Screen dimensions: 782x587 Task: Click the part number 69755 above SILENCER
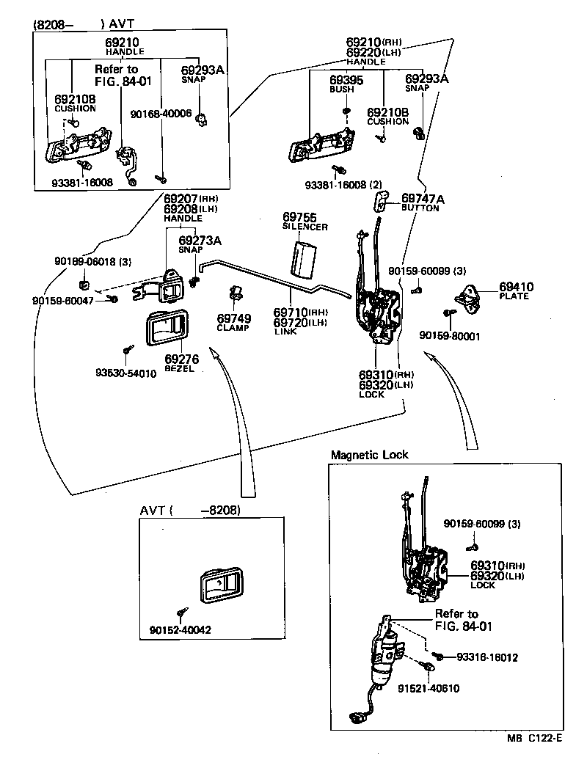299,217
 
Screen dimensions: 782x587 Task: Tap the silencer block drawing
302,258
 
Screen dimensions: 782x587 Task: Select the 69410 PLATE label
517,290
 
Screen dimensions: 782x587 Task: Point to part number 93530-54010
125,373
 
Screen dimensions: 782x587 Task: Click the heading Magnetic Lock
370,455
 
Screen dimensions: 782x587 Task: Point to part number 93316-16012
487,657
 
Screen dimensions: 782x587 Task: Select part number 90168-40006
161,114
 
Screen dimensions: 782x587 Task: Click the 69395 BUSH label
342,84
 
